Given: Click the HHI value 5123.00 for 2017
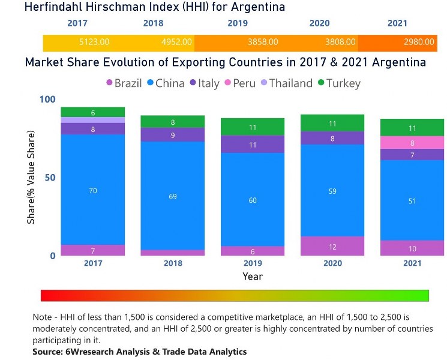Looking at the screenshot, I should pyautogui.click(x=94, y=43).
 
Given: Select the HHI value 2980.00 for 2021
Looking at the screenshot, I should pyautogui.click(x=419, y=43).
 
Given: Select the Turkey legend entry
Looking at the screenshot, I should pyautogui.click(x=338, y=83).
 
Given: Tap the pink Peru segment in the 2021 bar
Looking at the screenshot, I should pyautogui.click(x=412, y=143).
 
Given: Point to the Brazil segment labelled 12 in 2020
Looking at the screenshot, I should pyautogui.click(x=332, y=246).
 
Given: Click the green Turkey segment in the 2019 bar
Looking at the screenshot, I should pyautogui.click(x=253, y=127).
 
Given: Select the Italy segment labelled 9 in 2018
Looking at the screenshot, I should pyautogui.click(x=173, y=135).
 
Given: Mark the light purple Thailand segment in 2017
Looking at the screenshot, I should pyautogui.click(x=93, y=120).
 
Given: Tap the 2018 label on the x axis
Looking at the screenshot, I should pyautogui.click(x=173, y=263).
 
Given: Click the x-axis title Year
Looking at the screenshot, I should pyautogui.click(x=253, y=277).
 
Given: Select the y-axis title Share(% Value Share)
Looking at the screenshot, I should pyautogui.click(x=31, y=178).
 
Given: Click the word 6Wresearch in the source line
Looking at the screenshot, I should pyautogui.click(x=88, y=352).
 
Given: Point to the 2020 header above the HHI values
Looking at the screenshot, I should pyautogui.click(x=319, y=24).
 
